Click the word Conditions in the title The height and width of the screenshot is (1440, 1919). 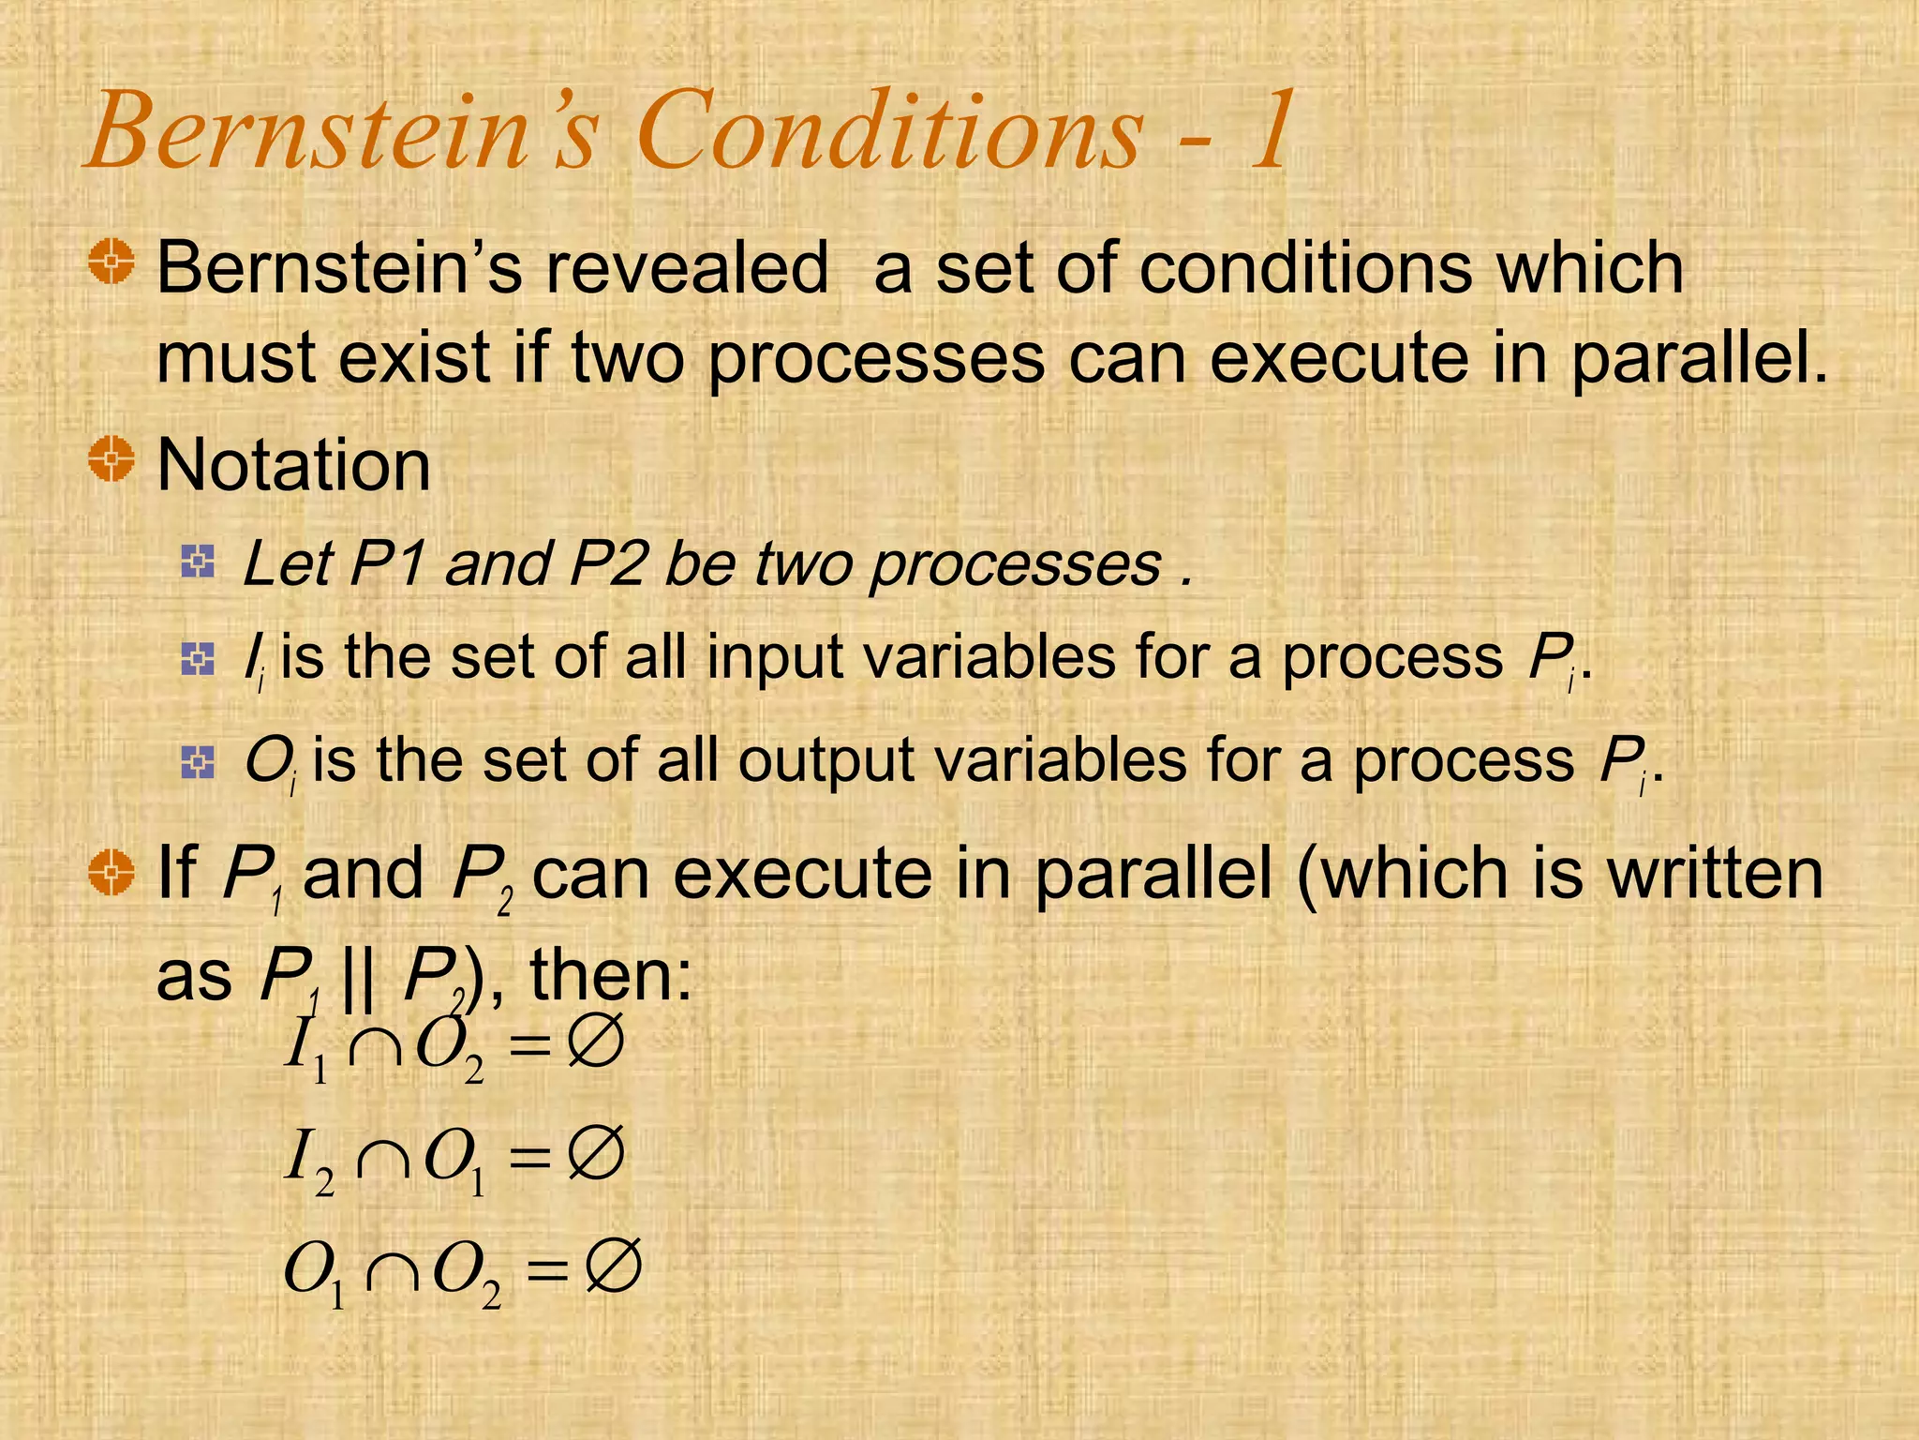890,131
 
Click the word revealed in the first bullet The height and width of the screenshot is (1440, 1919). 687,268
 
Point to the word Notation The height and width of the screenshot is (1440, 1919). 293,465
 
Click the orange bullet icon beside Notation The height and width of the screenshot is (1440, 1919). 112,459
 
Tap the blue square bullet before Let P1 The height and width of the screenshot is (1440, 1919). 198,562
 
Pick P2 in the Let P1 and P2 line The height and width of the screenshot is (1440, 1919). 607,564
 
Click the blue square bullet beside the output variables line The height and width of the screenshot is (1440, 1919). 198,762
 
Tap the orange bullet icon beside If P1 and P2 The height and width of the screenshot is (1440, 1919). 112,873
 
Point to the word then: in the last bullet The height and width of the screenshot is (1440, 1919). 610,975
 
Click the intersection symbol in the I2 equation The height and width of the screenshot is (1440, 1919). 383,1159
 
